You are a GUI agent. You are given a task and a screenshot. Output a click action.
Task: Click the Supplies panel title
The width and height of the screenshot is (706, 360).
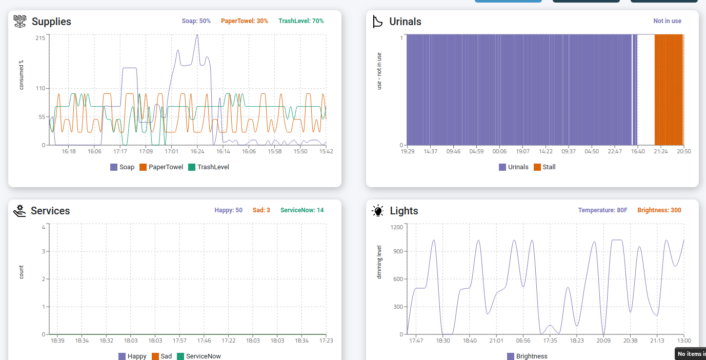51,22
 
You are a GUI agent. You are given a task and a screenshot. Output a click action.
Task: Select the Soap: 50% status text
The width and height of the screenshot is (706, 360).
196,21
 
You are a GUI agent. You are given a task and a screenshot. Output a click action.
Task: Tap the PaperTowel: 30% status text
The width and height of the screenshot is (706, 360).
245,21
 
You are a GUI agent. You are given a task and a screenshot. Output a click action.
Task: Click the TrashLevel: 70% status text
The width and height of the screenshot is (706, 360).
301,21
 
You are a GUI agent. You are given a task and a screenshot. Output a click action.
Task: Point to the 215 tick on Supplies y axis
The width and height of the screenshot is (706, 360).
40,38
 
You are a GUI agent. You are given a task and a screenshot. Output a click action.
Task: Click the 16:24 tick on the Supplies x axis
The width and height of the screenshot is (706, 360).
197,152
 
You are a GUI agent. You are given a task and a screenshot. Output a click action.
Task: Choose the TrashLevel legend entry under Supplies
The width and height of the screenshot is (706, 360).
208,167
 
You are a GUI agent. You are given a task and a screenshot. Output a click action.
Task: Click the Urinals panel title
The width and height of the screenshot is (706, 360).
405,22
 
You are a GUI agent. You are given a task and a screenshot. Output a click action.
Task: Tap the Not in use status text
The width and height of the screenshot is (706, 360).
667,21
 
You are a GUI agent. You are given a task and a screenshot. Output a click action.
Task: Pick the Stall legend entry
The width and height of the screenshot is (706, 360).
544,167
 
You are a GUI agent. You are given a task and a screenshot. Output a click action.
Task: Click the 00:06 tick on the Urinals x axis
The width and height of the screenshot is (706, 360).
499,152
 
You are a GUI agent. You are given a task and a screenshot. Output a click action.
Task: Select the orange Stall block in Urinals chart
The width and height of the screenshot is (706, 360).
669,90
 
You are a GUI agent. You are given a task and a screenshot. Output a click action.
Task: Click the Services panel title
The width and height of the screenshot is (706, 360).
50,211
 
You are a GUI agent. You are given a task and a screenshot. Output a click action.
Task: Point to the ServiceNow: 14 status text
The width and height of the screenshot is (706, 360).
302,210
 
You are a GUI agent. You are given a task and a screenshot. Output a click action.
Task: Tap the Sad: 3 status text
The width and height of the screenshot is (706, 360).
261,210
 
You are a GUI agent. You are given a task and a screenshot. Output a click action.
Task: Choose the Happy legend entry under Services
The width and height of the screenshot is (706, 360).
132,356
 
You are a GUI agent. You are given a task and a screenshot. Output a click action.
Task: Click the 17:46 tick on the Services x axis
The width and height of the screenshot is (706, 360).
204,341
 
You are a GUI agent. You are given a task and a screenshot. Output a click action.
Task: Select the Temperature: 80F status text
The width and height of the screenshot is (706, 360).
602,210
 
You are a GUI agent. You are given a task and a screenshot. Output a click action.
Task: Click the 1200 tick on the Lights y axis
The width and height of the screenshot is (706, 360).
396,227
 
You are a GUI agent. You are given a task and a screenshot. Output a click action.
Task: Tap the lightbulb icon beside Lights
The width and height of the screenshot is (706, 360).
378,211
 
